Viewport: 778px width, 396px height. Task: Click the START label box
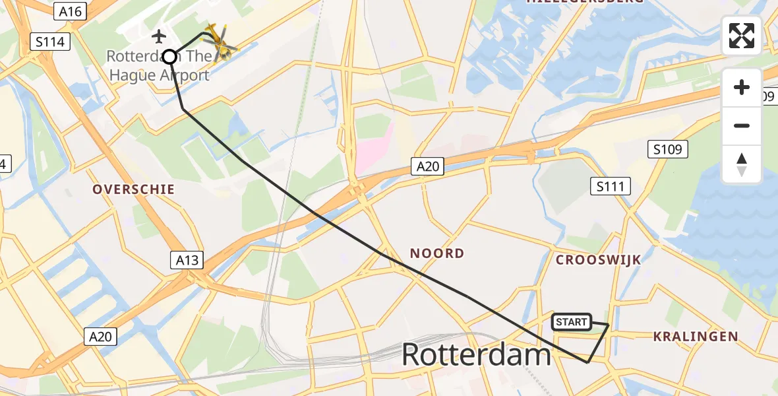[x=571, y=322]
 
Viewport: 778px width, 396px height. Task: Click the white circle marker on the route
[x=169, y=57]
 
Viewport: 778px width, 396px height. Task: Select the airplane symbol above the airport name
[x=158, y=35]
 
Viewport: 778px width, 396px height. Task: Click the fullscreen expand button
[x=742, y=36]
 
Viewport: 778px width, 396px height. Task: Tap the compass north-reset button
[x=742, y=164]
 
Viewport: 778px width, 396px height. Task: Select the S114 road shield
[x=51, y=42]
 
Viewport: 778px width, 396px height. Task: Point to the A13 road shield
[x=187, y=260]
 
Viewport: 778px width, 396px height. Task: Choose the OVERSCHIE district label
[x=133, y=189]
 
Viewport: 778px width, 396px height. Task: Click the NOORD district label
[x=437, y=253]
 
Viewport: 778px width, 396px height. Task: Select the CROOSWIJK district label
[x=598, y=260]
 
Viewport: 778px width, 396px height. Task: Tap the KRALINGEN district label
[x=696, y=337]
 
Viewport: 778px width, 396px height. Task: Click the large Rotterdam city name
[x=476, y=355]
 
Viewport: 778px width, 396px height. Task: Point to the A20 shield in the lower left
[x=101, y=337]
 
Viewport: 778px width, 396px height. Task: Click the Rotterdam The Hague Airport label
[x=158, y=66]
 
